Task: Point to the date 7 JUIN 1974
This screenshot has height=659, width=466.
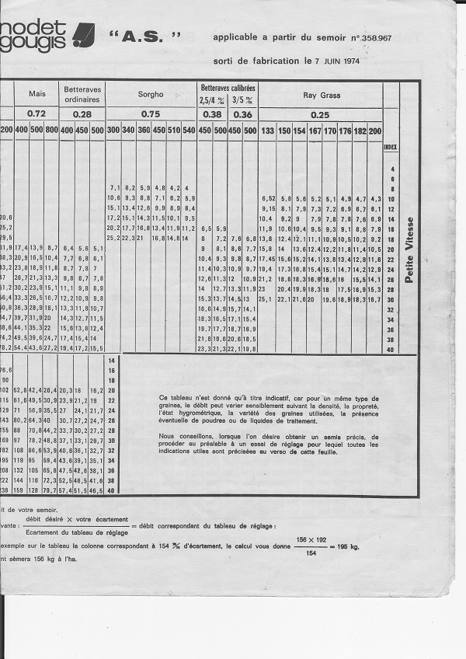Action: [x=339, y=60]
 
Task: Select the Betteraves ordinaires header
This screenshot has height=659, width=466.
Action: [x=82, y=94]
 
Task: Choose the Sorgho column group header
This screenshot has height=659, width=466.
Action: [x=151, y=94]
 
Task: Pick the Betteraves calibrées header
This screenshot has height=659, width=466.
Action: [x=228, y=88]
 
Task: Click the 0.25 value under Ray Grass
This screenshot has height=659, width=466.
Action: [x=319, y=114]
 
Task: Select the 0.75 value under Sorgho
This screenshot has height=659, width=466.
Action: [x=151, y=113]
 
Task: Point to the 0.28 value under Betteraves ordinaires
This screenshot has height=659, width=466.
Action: [x=82, y=113]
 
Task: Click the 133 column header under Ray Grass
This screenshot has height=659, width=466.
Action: [x=267, y=130]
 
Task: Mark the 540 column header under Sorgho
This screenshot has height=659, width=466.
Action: [x=189, y=130]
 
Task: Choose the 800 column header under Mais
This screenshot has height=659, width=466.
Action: [x=51, y=130]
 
